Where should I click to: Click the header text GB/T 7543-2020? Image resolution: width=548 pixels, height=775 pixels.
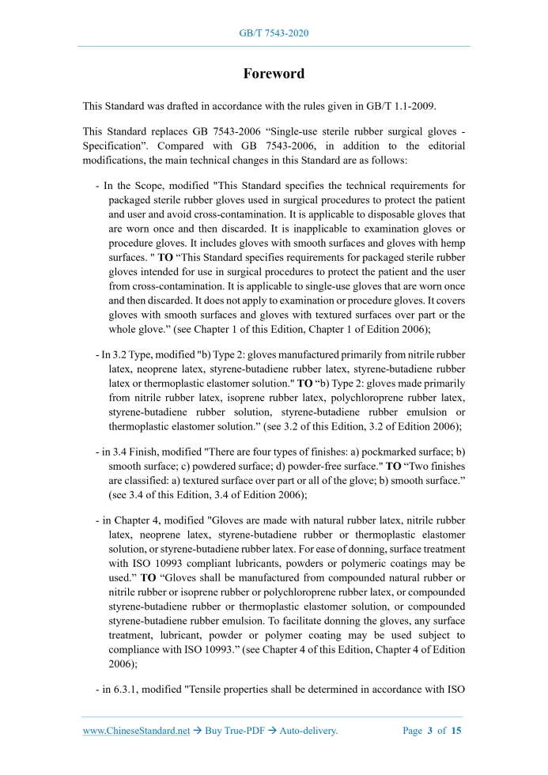(x=274, y=33)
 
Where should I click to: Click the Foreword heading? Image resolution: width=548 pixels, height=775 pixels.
(x=274, y=74)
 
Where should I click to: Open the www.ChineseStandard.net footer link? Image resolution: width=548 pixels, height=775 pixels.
(x=136, y=732)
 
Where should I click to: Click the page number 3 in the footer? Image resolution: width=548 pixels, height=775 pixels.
(x=429, y=732)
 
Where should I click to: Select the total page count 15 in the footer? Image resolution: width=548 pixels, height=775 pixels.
(x=456, y=732)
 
